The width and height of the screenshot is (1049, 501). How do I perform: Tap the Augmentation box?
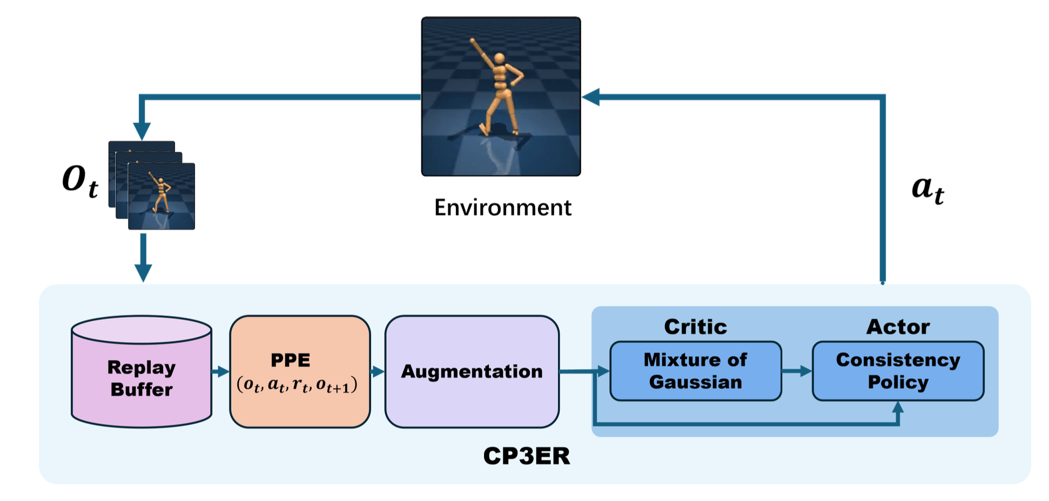(472, 371)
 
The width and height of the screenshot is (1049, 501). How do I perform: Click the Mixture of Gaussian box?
(695, 371)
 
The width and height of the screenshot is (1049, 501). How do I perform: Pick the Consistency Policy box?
(898, 371)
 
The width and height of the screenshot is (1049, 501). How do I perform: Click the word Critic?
(695, 327)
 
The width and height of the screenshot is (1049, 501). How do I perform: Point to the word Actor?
(898, 327)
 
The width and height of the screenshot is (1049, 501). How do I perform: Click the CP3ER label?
(526, 456)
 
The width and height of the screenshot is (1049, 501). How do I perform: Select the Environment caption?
(502, 208)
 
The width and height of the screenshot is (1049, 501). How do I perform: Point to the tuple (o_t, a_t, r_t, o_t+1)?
(297, 384)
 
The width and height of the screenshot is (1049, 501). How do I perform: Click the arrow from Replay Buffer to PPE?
(220, 371)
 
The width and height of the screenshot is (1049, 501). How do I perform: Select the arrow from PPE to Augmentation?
(378, 371)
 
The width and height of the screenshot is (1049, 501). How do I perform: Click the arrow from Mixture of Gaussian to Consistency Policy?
(797, 371)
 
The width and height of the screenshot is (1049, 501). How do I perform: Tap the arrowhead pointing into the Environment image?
(591, 97)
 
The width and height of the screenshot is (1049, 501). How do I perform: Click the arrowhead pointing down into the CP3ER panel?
(143, 273)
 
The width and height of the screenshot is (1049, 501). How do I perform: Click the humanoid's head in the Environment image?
(500, 58)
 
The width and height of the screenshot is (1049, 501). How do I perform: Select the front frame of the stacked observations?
(161, 197)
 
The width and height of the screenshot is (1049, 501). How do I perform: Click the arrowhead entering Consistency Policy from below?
(898, 408)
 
